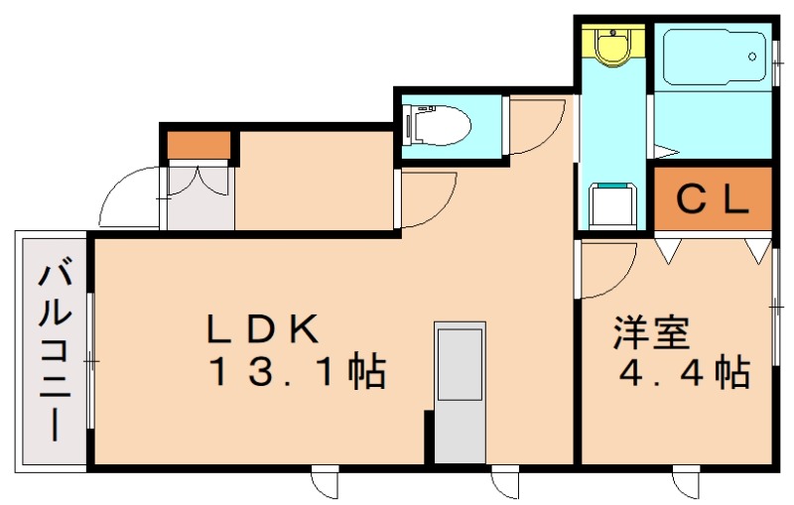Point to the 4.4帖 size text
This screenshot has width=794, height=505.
(684, 374)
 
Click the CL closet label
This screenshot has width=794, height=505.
(712, 199)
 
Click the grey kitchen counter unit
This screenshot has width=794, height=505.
(461, 391)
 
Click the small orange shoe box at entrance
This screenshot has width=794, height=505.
(199, 146)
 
